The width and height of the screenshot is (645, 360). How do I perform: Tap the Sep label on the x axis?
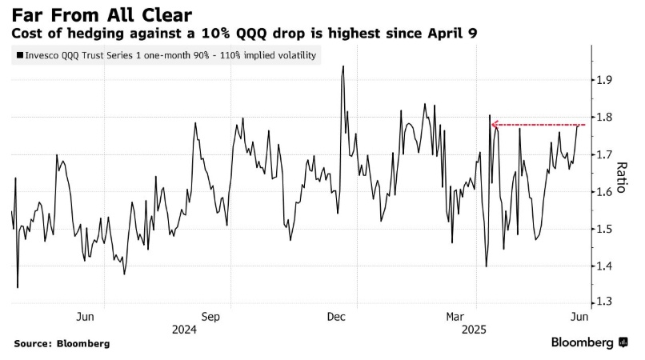pyautogui.click(x=210, y=316)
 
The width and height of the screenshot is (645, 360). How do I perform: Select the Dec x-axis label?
pyautogui.click(x=336, y=316)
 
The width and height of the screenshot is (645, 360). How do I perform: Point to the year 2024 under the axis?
pyautogui.click(x=185, y=329)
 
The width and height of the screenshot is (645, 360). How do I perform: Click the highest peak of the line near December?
pyautogui.click(x=343, y=66)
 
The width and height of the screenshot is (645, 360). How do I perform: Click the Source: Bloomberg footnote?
pyautogui.click(x=62, y=343)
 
